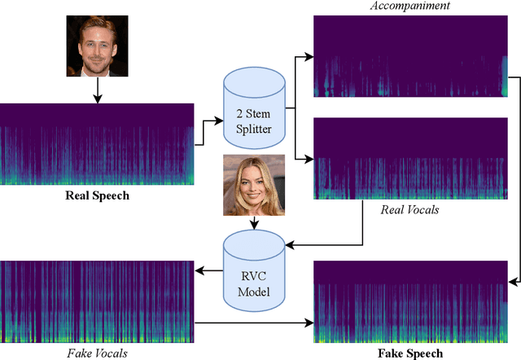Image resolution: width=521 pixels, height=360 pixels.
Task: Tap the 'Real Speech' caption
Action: tap(97, 195)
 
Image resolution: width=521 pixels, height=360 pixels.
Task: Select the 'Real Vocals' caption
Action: tap(409, 210)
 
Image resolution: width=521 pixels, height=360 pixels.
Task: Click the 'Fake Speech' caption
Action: tap(410, 353)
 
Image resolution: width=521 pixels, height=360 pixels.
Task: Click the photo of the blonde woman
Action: tap(253, 185)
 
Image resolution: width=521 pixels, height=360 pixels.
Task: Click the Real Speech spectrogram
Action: tap(97, 143)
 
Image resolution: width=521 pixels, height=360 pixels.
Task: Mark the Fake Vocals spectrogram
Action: tap(97, 301)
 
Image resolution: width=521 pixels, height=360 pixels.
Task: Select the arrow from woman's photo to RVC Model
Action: tap(253, 222)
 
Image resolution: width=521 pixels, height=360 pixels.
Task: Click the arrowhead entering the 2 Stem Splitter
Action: tap(219, 121)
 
